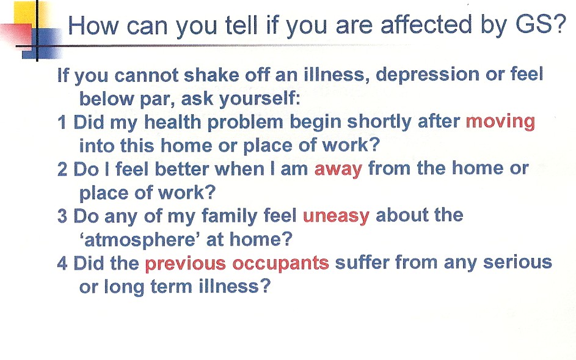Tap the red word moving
point(500,122)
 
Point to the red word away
point(338,169)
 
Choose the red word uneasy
point(336,216)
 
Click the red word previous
point(185,264)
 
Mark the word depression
point(428,75)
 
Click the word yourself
point(260,99)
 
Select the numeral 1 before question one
point(62,122)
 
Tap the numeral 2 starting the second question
point(62,169)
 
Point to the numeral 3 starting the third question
point(62,216)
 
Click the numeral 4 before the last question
point(62,263)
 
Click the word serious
point(517,263)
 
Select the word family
point(230,216)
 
